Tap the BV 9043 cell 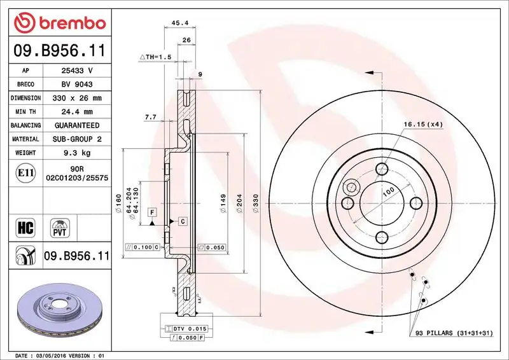(x=76, y=85)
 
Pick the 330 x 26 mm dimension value (x=76, y=99)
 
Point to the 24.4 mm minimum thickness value (x=76, y=112)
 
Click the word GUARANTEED (x=76, y=126)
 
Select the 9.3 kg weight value (x=76, y=153)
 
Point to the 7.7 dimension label (x=151, y=117)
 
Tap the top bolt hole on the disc (x=382, y=169)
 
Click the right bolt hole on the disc (x=415, y=203)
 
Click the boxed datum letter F (x=153, y=211)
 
